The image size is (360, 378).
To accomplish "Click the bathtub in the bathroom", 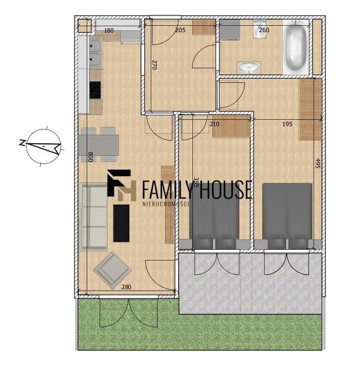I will pos(295,47).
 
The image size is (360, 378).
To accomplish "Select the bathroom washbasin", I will pos(249,67).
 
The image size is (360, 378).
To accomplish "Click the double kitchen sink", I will pos(94,52).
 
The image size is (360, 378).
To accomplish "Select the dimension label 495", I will pos(318,164).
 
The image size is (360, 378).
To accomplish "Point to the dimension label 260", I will pos(264,30).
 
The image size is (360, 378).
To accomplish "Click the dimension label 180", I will pos(109,30).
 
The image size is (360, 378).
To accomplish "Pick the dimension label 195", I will pos(287,124).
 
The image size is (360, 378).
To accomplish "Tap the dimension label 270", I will pos(153,64).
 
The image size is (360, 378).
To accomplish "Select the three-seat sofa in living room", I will pos(94,216).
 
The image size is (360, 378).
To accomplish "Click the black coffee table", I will pos(121,222).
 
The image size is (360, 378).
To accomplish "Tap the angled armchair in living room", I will pos(112,269).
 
